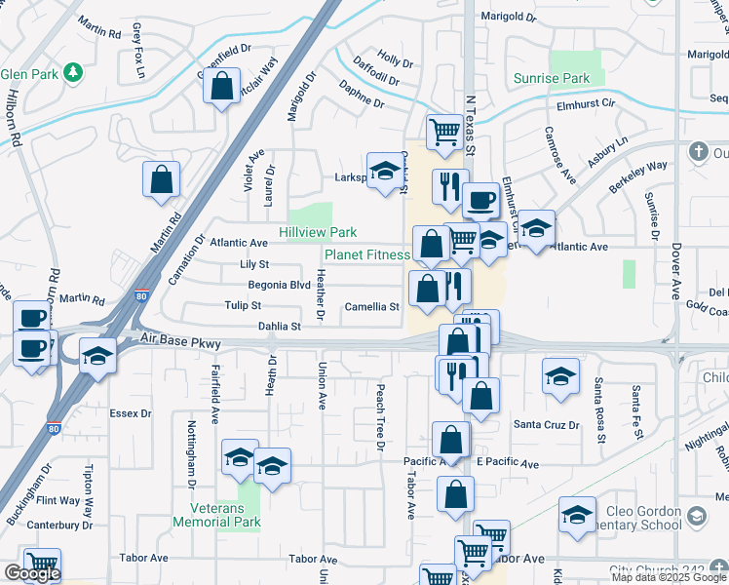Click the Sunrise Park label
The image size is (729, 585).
pyautogui.click(x=553, y=77)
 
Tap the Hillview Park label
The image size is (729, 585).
pyautogui.click(x=318, y=233)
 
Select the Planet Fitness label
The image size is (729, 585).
pyautogui.click(x=366, y=254)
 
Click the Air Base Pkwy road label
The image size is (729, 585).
pyautogui.click(x=181, y=342)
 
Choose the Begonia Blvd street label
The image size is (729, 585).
pyautogui.click(x=280, y=286)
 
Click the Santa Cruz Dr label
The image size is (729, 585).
pyautogui.click(x=547, y=424)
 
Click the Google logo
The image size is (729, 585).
pyautogui.click(x=32, y=573)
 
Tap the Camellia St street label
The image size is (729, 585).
pyautogui.click(x=371, y=307)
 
